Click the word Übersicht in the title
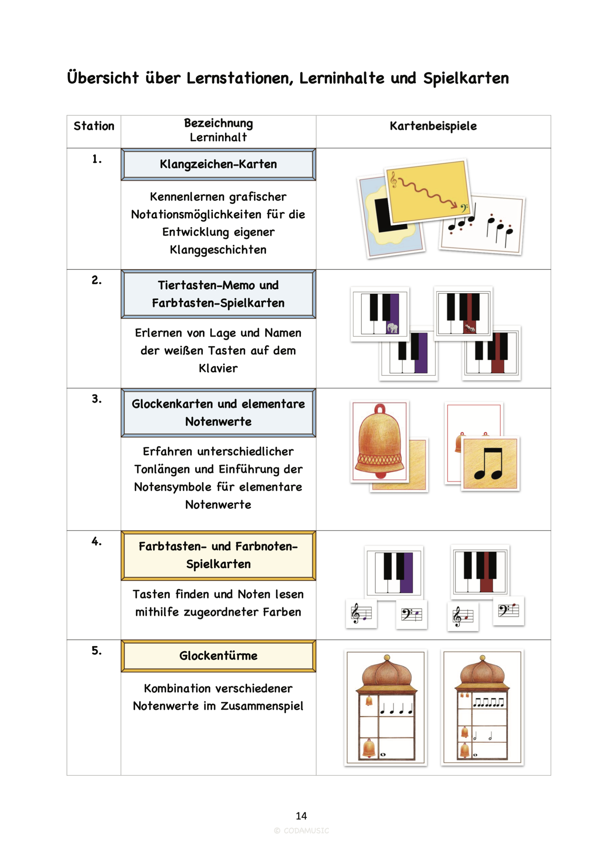click(103, 78)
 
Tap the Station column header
click(94, 126)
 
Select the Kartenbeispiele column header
click(433, 126)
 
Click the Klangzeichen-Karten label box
click(218, 164)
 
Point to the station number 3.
click(96, 399)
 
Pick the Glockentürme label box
click(218, 655)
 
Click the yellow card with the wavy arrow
click(428, 191)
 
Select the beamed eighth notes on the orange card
click(489, 464)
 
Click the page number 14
click(301, 816)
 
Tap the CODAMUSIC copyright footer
click(301, 831)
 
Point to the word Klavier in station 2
click(218, 368)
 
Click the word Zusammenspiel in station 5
click(262, 706)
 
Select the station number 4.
click(96, 541)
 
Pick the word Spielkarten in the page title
click(466, 78)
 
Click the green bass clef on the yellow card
click(464, 208)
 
